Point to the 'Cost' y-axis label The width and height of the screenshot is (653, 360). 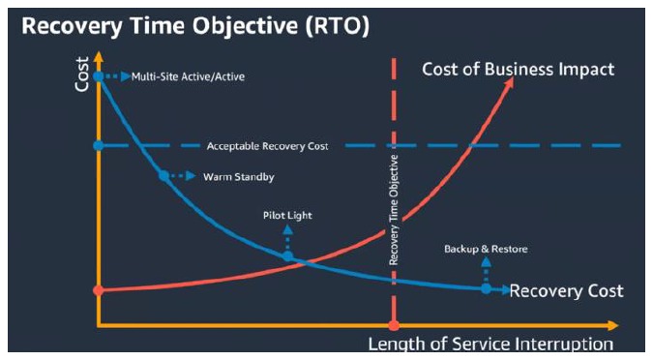[x=82, y=73]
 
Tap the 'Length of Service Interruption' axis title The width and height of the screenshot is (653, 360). [x=490, y=344]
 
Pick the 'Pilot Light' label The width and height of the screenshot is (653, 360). [x=286, y=216]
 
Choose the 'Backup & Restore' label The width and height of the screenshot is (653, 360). [x=486, y=250]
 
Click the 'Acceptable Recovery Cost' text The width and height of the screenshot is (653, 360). [x=268, y=146]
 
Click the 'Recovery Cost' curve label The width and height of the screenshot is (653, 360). [x=566, y=291]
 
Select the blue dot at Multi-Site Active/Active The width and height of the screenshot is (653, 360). [x=98, y=75]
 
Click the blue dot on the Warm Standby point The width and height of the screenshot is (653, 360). [x=163, y=176]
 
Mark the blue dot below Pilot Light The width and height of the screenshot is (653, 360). [x=287, y=255]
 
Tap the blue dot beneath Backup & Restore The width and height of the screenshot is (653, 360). [x=486, y=288]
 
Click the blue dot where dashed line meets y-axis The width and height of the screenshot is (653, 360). [x=98, y=146]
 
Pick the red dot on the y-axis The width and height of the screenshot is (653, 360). [x=98, y=289]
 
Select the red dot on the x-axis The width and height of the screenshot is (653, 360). [x=394, y=325]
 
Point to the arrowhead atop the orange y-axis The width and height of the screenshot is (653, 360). [x=98, y=47]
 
